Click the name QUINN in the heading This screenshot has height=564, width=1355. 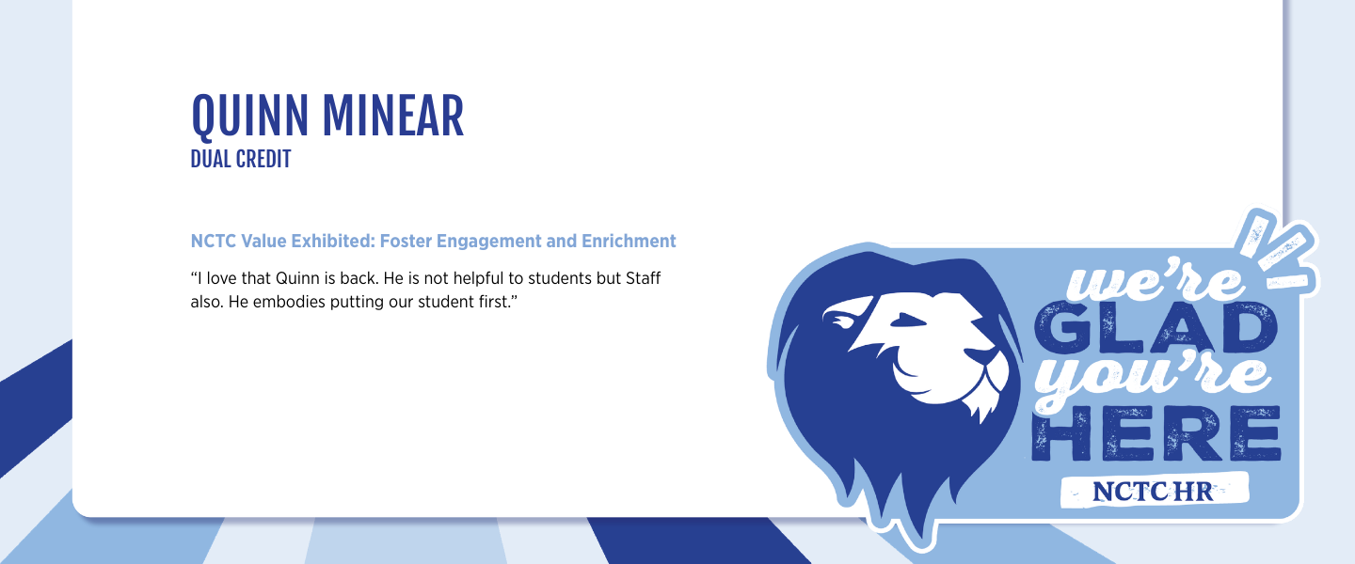point(250,117)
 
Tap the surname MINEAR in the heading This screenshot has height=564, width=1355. point(393,116)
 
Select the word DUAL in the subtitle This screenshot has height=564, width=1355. point(210,160)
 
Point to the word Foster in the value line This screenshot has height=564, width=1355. point(406,242)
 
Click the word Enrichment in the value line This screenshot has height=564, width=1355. point(629,242)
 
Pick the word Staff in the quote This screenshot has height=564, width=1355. point(643,278)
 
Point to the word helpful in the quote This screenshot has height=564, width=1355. point(478,278)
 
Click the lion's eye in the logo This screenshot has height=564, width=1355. point(907,321)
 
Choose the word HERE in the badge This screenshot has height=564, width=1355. point(1156,433)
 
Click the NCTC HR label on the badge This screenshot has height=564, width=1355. point(1153,492)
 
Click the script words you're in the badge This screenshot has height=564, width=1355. point(1153,380)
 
